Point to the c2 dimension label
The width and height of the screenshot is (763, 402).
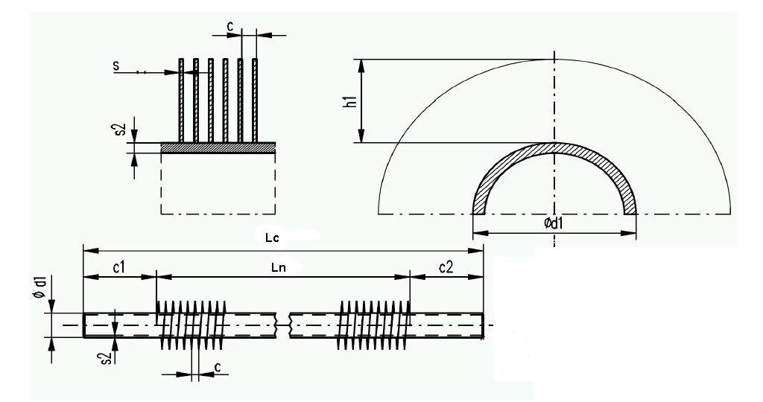[446, 266]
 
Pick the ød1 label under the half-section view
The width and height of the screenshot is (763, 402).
[554, 224]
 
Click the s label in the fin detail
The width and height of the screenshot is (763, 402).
[116, 66]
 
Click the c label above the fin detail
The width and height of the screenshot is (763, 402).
[230, 27]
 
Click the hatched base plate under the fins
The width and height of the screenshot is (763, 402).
[218, 148]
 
